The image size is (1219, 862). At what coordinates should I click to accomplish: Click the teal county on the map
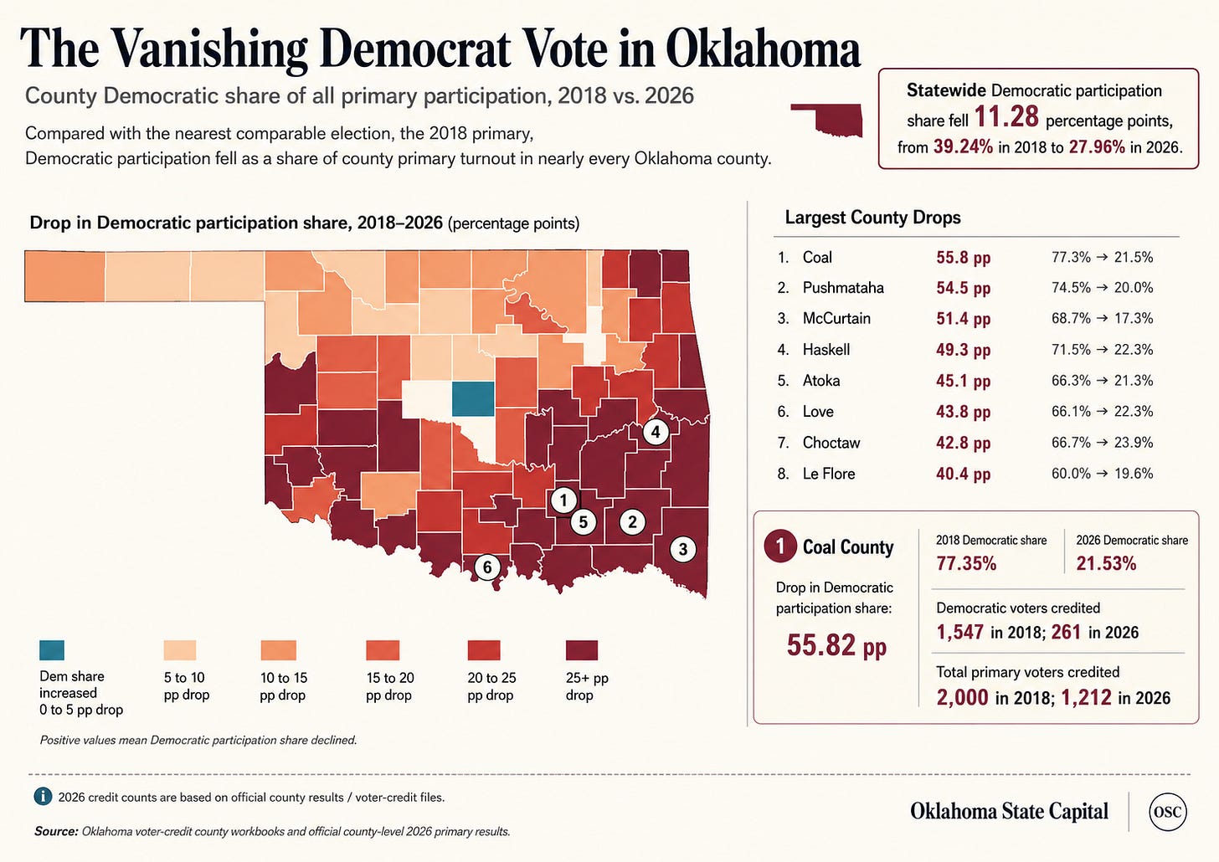[x=474, y=398]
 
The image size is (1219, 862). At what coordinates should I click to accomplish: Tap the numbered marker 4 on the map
[x=656, y=433]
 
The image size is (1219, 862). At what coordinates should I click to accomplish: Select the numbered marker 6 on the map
[x=487, y=567]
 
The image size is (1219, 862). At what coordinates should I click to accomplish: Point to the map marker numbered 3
[x=683, y=549]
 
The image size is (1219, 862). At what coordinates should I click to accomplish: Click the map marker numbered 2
[x=632, y=522]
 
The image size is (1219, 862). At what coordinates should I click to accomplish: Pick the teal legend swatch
[x=52, y=650]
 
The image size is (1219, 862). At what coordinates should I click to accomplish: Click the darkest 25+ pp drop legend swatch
[x=582, y=650]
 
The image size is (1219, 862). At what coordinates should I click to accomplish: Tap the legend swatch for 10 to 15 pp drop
[x=278, y=650]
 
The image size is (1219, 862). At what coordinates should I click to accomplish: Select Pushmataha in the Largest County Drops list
[x=843, y=288]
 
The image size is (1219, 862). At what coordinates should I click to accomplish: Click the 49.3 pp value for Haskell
[x=963, y=350]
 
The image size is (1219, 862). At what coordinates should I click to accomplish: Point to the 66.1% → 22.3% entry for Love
[x=1102, y=412]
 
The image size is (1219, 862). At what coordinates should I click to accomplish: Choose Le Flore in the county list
[x=829, y=474]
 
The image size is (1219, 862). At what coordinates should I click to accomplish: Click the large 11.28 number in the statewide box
[x=1006, y=117]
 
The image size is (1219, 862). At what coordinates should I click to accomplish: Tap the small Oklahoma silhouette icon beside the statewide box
[x=826, y=119]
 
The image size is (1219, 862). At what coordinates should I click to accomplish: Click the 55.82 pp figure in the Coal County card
[x=836, y=645]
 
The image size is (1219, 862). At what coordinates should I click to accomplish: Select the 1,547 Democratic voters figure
[x=960, y=632]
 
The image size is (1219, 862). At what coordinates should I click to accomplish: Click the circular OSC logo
[x=1168, y=813]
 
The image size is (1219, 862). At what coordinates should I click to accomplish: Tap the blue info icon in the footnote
[x=43, y=797]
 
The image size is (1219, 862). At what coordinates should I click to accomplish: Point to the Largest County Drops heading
[x=872, y=218]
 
